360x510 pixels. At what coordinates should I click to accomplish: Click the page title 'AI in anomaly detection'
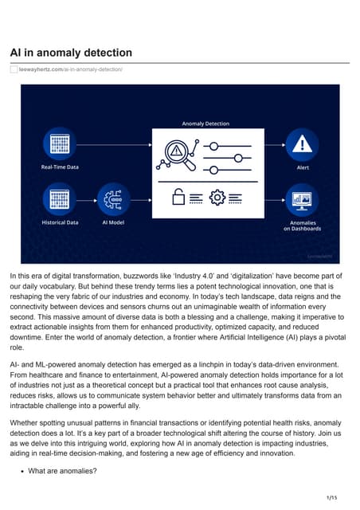[x=71, y=53]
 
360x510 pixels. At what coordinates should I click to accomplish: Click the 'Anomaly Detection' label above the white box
[x=205, y=124]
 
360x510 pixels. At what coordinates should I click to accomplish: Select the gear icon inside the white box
[x=216, y=196]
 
